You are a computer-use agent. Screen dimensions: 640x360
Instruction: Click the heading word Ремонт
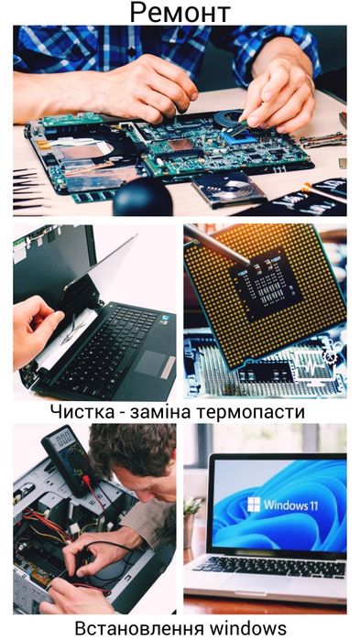point(180,13)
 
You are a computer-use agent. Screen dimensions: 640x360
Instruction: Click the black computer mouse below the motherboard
point(142,196)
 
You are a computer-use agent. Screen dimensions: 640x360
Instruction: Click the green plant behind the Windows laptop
point(192,508)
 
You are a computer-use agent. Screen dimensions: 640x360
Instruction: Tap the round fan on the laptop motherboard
point(87,146)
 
